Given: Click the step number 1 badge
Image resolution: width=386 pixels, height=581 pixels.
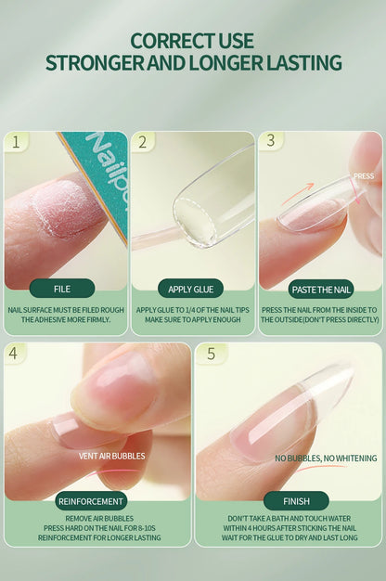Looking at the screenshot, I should coord(16,142).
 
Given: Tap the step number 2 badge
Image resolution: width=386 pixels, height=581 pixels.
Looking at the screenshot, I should coord(142,142).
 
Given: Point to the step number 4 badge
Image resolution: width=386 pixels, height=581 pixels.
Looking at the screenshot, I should coord(16,354).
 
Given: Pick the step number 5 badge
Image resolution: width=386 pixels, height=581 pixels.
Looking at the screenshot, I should coord(211,354).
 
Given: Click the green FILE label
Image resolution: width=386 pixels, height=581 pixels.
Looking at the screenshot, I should coord(62,289).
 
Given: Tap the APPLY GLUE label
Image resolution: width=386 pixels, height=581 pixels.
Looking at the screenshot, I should coord(191,289).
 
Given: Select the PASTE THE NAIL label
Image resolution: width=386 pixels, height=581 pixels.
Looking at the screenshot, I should coord(321,289).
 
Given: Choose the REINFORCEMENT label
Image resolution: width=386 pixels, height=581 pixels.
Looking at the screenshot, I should coord(91,501).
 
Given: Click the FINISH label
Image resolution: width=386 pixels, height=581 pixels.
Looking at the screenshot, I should coord(295,501).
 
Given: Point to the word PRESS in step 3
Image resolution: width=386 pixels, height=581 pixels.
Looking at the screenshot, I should coord(364,175).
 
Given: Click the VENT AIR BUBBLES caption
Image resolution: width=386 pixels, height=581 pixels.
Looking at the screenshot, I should coord(111,456).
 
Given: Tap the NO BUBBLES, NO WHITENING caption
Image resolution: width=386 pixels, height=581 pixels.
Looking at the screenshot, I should coord(326,458).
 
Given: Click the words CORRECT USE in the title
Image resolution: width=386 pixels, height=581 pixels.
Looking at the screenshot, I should coord(192,41).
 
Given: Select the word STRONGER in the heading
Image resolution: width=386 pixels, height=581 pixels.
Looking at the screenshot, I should coord(90,64).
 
